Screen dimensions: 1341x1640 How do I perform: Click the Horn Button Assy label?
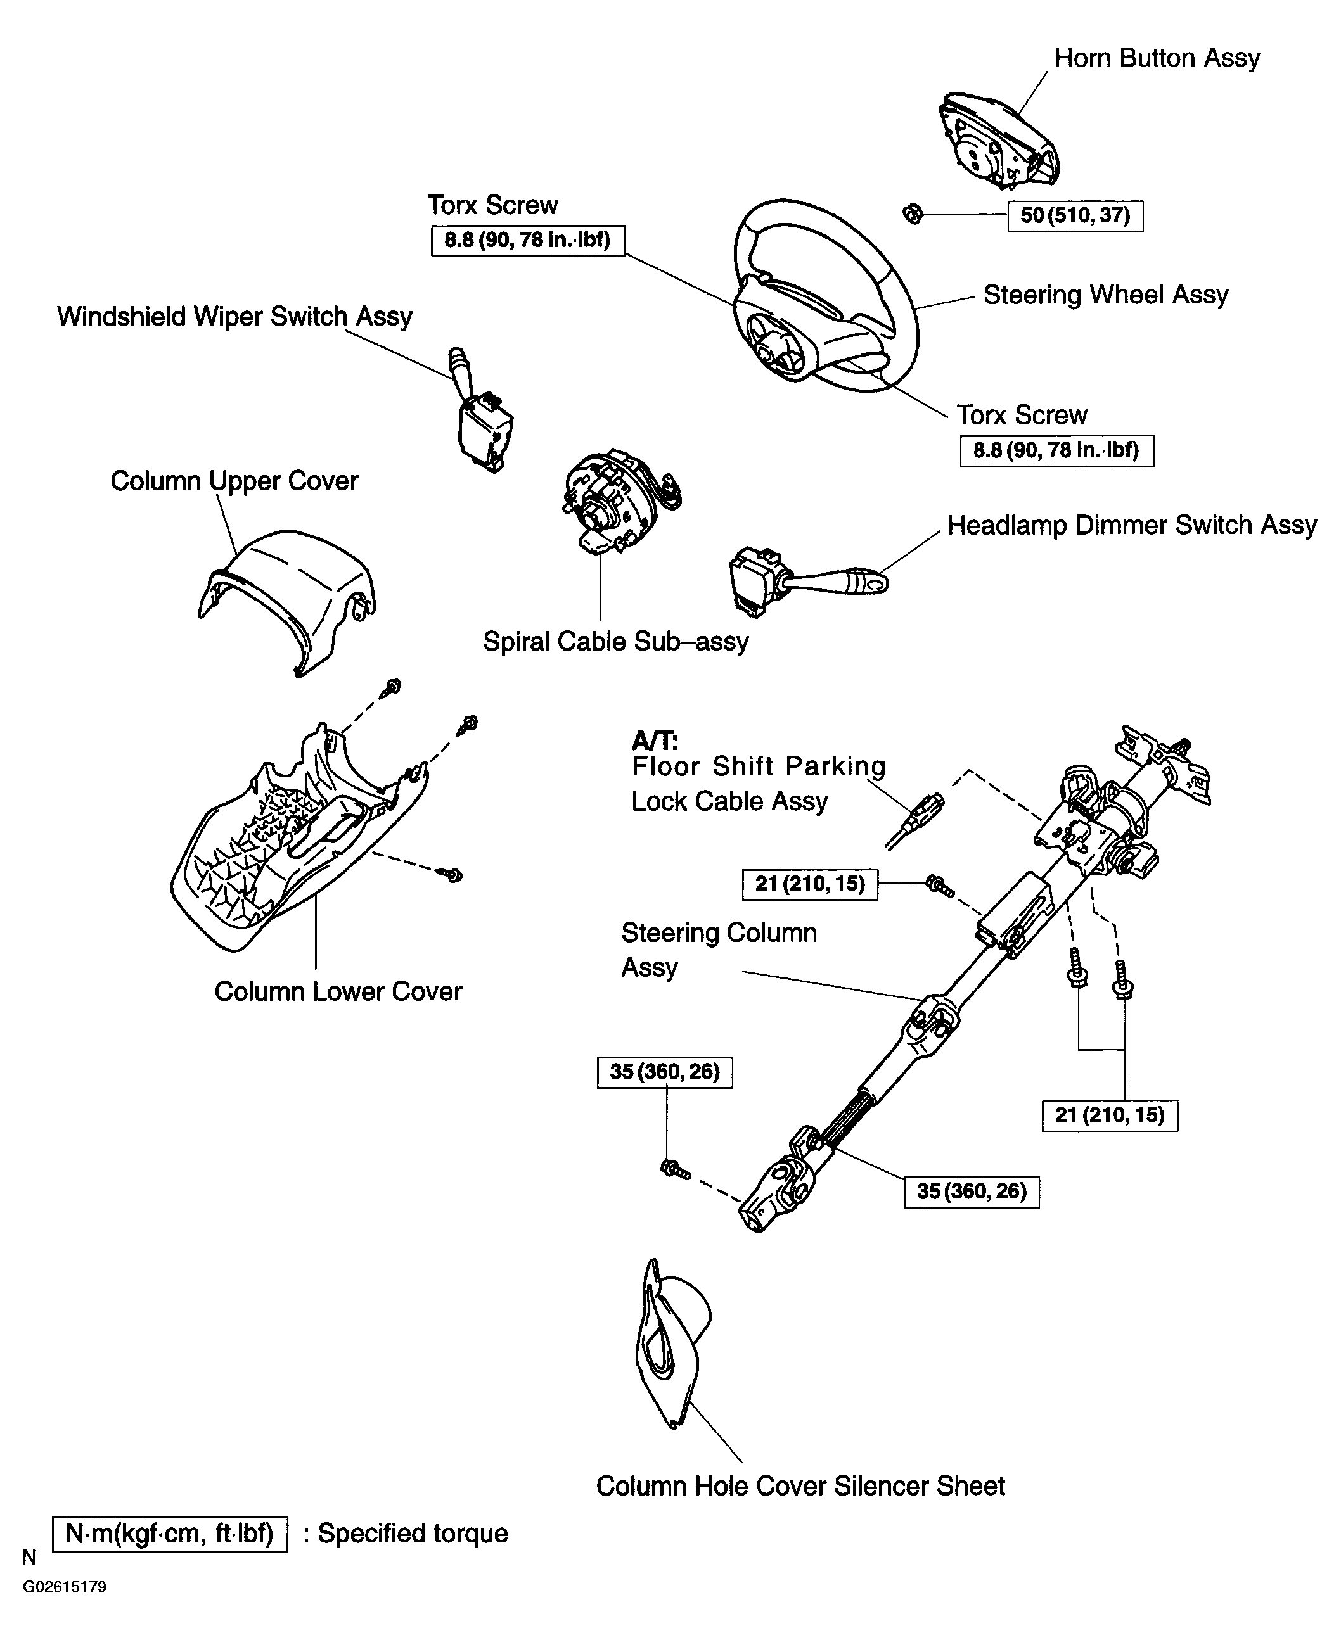click(x=1157, y=58)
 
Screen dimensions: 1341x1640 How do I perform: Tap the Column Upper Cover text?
click(x=234, y=480)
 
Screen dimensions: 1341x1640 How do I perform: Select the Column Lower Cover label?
click(x=338, y=991)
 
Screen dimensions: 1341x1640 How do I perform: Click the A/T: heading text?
click(x=655, y=741)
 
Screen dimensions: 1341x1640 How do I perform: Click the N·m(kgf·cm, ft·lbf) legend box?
click(x=170, y=1534)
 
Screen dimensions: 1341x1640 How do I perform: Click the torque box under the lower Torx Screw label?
click(x=1056, y=451)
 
